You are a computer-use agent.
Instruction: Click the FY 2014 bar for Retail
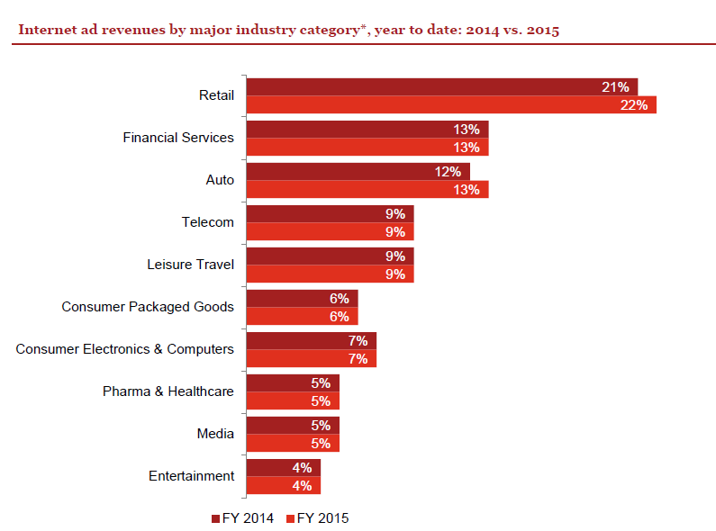(x=441, y=86)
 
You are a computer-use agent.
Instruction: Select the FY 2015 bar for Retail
(x=450, y=105)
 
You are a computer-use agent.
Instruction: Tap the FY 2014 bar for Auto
(x=358, y=171)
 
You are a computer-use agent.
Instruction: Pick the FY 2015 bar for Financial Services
(x=367, y=148)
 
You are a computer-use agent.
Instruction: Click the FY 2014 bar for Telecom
(x=330, y=213)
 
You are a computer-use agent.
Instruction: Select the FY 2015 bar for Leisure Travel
(x=330, y=274)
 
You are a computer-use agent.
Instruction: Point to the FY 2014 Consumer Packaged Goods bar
(x=302, y=298)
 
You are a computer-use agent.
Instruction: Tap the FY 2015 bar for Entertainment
(x=283, y=486)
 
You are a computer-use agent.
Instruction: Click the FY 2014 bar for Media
(x=292, y=425)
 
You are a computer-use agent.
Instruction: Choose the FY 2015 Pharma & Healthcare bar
(x=292, y=401)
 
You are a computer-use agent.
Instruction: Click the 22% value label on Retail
(x=634, y=105)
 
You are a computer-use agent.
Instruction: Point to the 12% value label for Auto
(x=448, y=171)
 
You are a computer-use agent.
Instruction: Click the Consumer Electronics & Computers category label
(x=125, y=349)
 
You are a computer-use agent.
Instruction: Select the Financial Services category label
(x=178, y=138)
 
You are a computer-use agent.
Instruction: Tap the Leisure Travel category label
(x=190, y=265)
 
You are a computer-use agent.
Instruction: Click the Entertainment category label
(x=191, y=476)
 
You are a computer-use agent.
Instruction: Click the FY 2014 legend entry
(x=242, y=518)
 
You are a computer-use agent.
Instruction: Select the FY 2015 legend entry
(x=317, y=518)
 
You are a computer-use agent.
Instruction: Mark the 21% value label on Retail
(x=615, y=86)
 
